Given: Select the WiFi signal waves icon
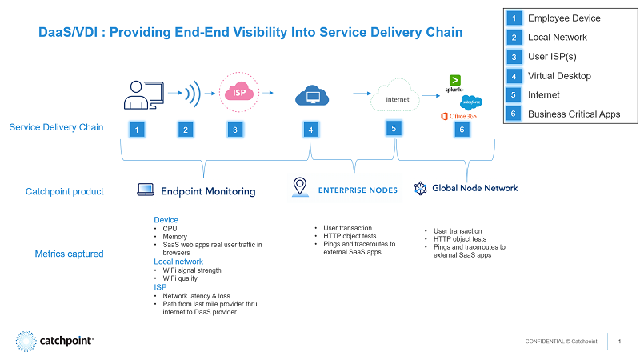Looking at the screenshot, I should [190, 94].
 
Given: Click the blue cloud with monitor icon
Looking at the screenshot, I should [312, 96].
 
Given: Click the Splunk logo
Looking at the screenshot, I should [454, 82].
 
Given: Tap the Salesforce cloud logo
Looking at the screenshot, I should [470, 102].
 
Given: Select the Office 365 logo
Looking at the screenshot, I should [458, 117].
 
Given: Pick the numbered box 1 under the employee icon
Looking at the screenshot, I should [138, 129].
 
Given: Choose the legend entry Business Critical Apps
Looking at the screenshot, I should [574, 114].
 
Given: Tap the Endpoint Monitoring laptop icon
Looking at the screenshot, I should [146, 190].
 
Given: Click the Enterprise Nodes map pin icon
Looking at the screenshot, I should [300, 186].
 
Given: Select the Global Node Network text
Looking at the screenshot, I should [474, 188].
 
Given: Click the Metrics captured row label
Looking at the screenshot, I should [69, 254].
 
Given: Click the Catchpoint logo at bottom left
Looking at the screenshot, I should [56, 341].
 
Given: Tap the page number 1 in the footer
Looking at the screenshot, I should [620, 342].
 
